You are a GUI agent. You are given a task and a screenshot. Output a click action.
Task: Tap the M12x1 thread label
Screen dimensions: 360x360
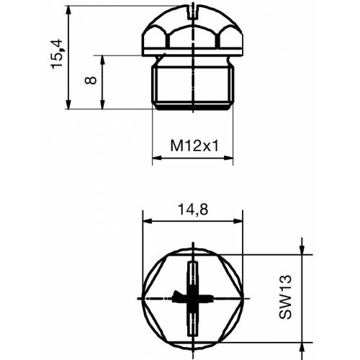coord(194,145)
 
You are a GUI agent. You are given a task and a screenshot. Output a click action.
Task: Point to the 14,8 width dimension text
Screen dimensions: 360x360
coord(192,210)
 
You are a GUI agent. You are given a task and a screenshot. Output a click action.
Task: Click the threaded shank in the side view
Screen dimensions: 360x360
coord(193,85)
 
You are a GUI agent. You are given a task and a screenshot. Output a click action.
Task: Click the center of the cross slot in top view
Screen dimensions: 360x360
coord(193,297)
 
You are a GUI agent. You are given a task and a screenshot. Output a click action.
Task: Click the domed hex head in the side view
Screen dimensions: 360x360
coord(193,29)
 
